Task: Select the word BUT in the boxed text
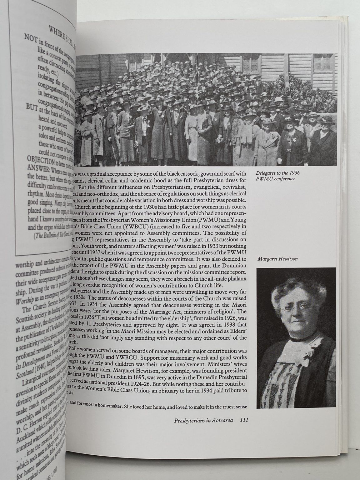click(x=31, y=107)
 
